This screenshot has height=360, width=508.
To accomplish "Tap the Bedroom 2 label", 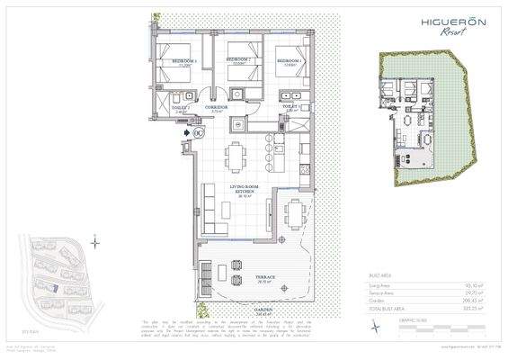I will [237, 62].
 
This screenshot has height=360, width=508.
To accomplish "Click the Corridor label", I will [215, 106].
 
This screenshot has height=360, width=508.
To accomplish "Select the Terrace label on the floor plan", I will [263, 278].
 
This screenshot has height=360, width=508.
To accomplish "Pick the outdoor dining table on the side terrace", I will [293, 213].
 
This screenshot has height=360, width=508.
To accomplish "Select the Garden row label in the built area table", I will [377, 301].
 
